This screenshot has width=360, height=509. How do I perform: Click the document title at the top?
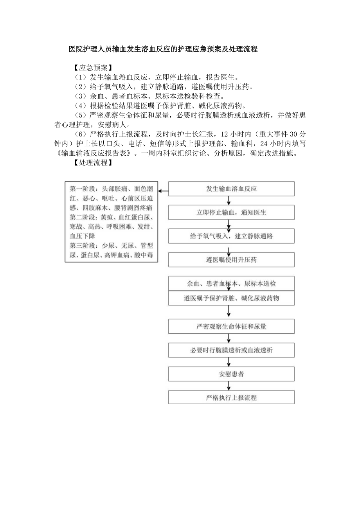[163, 50]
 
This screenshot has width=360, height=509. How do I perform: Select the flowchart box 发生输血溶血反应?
[231, 189]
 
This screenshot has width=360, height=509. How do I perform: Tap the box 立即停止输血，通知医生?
[231, 212]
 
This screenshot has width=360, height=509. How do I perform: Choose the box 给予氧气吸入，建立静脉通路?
[231, 236]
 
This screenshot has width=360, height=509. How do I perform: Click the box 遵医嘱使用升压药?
[231, 260]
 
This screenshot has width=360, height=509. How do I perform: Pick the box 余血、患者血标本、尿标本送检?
[231, 283]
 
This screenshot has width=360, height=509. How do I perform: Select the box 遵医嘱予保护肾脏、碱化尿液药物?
[231, 298]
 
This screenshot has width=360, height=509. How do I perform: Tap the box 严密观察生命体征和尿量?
[231, 326]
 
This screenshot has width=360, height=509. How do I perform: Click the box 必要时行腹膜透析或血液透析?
[231, 350]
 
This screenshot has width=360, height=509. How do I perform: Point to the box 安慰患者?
[231, 374]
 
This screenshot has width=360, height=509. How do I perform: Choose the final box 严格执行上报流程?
[231, 398]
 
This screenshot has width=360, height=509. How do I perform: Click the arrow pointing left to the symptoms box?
[163, 192]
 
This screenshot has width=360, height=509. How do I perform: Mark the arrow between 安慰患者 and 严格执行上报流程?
[229, 386]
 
